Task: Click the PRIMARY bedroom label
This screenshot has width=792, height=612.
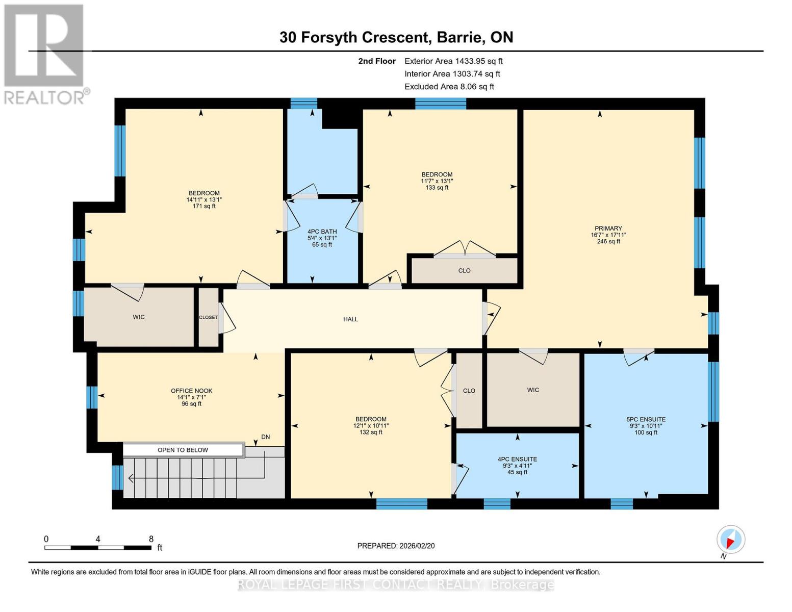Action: [608, 228]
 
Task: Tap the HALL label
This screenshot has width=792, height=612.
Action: [351, 319]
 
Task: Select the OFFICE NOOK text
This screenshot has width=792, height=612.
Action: [191, 391]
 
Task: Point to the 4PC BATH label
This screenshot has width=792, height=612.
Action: [322, 232]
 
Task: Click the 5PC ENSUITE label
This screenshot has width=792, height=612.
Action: [646, 420]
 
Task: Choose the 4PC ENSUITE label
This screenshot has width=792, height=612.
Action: [517, 460]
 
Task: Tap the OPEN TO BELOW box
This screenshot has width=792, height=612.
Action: [183, 450]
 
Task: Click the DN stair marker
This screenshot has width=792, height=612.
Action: [265, 437]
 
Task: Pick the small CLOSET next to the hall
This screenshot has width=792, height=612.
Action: [209, 317]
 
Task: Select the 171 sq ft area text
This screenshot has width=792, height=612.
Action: [204, 206]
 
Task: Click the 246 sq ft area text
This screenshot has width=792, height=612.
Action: [608, 241]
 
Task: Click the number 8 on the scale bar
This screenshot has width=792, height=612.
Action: [151, 539]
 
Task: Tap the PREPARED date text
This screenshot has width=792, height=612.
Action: [396, 546]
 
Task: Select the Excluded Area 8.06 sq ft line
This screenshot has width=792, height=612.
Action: [449, 87]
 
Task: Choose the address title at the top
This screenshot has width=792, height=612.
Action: [396, 37]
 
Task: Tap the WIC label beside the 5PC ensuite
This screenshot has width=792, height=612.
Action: [533, 390]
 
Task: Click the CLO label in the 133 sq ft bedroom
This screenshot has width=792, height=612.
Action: [465, 270]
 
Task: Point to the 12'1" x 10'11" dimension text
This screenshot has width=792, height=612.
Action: [371, 426]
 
